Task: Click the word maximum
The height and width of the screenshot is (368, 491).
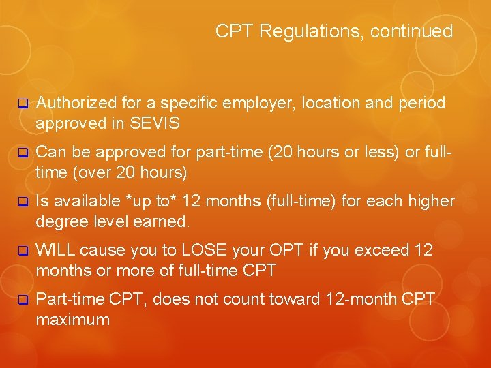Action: pos(73,319)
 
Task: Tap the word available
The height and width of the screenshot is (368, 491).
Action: pos(87,201)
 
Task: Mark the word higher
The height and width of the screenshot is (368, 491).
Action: pos(429,201)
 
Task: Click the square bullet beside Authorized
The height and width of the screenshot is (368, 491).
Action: pos(22,104)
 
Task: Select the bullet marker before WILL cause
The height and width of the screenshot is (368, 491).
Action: pos(22,251)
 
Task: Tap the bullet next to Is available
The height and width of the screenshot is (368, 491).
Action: pos(22,202)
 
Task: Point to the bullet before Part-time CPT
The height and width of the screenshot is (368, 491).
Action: pos(22,300)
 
